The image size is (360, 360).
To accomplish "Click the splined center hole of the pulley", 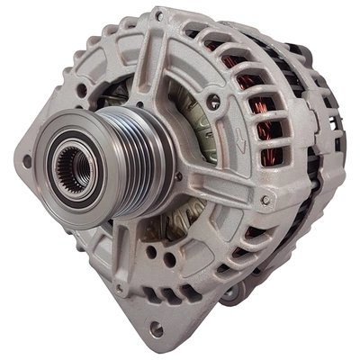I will [x=70, y=166].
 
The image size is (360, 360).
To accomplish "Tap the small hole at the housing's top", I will [x=159, y=16].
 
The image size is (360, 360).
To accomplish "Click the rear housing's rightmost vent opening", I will [x=337, y=144].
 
